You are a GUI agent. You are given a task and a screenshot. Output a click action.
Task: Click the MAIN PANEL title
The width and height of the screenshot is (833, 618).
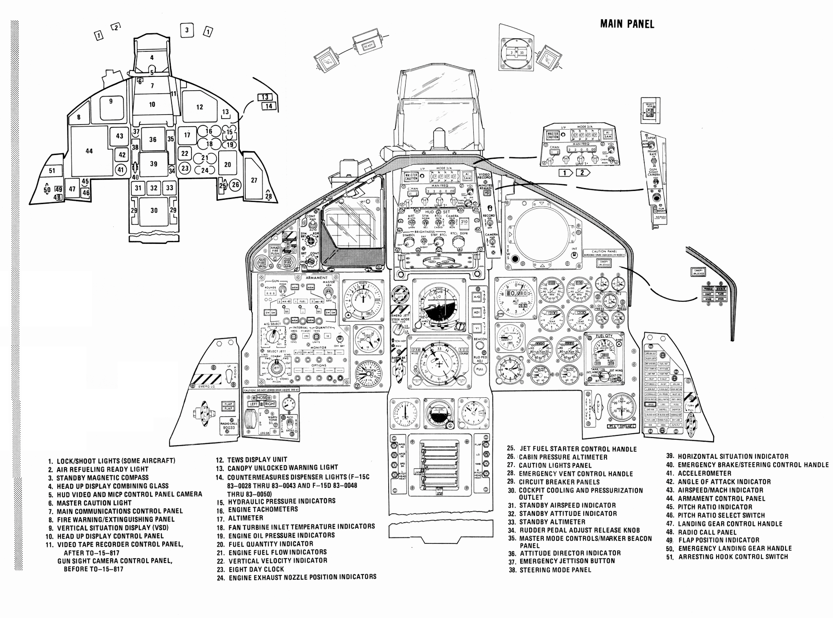pos(627,24)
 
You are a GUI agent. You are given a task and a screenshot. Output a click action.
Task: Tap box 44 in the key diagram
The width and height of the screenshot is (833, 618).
pos(89,151)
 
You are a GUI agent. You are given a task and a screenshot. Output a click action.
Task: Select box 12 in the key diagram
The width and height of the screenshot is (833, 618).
pos(199,107)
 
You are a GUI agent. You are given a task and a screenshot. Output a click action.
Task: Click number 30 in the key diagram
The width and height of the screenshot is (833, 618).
pos(154,211)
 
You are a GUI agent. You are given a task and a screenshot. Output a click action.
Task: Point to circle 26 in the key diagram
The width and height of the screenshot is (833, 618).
pos(235,184)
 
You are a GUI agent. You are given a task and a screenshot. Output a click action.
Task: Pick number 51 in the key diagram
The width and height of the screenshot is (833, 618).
pos(52,171)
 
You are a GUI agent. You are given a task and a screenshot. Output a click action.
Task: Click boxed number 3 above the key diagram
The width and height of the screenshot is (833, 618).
pos(187,30)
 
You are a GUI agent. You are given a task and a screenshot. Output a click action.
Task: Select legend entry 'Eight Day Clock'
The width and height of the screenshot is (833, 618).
pos(256,569)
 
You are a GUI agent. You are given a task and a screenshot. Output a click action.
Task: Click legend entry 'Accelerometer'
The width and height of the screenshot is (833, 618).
pos(704,473)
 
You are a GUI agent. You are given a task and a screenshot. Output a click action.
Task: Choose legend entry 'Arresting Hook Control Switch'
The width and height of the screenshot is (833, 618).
pos(733,557)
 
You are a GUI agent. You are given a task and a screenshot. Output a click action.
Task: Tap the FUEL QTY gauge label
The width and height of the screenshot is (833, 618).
pos(604,336)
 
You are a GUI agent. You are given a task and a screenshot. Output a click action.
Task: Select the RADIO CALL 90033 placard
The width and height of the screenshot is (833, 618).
pos(228,426)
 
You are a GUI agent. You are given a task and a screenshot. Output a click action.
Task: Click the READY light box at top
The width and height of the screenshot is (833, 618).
pos(368,46)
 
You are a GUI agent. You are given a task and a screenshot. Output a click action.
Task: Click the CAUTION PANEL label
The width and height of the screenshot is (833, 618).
pos(604,252)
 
